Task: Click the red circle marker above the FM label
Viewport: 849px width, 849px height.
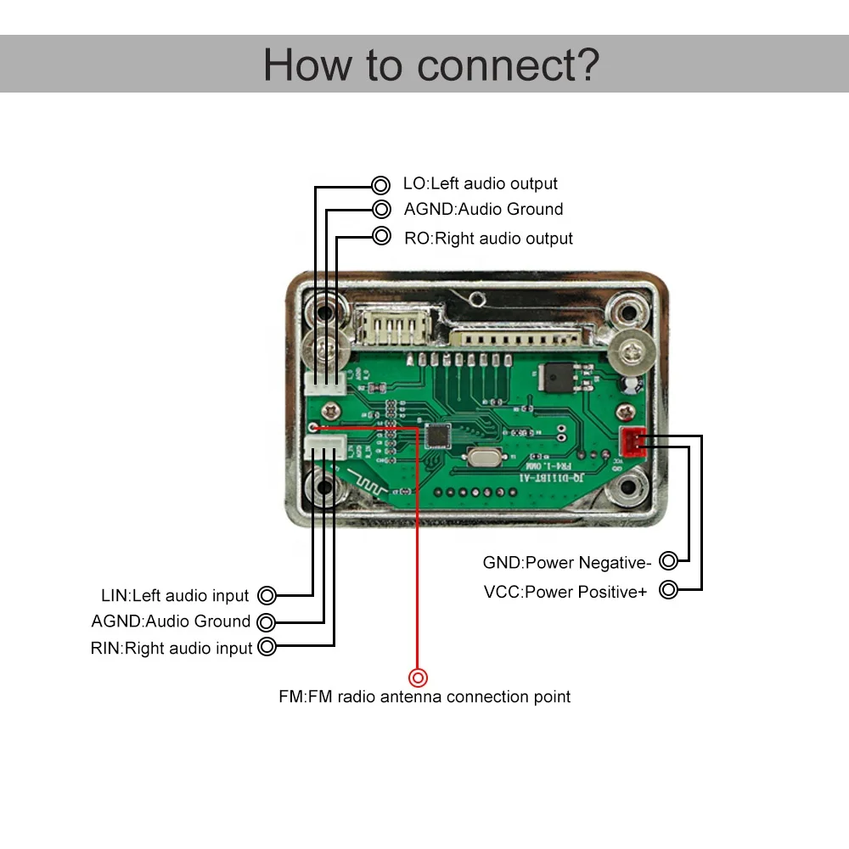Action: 418,678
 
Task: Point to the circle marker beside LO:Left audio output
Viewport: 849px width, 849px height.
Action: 380,184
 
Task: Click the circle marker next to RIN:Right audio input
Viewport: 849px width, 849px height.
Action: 267,647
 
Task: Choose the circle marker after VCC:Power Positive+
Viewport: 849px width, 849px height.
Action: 669,590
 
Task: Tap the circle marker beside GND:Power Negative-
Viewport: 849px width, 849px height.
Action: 669,560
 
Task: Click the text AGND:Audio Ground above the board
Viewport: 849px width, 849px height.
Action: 483,210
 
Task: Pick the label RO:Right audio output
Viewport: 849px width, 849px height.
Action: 488,239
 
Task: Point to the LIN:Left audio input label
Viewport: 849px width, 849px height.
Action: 176,596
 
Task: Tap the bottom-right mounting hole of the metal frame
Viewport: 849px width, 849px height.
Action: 629,487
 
